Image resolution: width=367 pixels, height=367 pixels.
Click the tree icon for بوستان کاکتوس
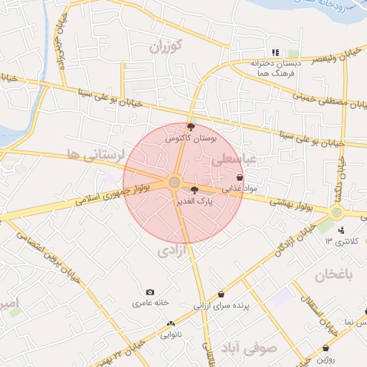[190, 126]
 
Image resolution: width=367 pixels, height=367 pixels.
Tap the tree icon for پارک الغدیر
[194, 190]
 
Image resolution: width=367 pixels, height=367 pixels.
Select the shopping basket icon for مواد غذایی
[239, 178]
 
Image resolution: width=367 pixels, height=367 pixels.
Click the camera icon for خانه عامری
[150, 292]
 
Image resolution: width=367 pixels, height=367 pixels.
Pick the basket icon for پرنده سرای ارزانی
[221, 294]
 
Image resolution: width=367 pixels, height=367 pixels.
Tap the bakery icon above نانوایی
[171, 323]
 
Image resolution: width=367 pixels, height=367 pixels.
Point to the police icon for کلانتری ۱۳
[340, 230]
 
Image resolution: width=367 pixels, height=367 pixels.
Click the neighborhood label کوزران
[167, 47]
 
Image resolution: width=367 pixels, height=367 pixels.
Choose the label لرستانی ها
[95, 154]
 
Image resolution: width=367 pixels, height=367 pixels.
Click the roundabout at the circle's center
[174, 183]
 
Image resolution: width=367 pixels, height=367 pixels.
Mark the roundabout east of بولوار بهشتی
[336, 212]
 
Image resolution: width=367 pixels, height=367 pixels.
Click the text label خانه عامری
[150, 303]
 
